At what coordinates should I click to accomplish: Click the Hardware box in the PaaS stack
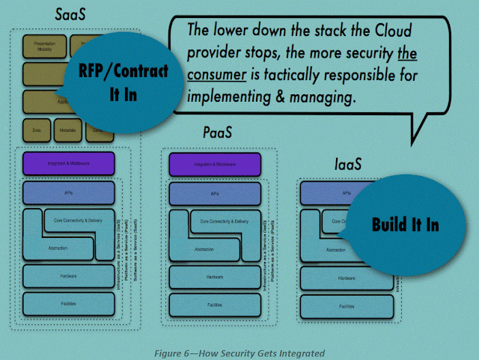coord(215,276)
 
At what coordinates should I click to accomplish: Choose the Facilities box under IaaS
coord(347,306)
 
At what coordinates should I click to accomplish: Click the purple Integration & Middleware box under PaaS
coord(215,164)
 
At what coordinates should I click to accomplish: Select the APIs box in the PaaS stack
coord(215,192)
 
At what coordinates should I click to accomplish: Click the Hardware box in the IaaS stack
coord(347,278)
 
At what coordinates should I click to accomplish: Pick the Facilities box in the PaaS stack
coord(215,305)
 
